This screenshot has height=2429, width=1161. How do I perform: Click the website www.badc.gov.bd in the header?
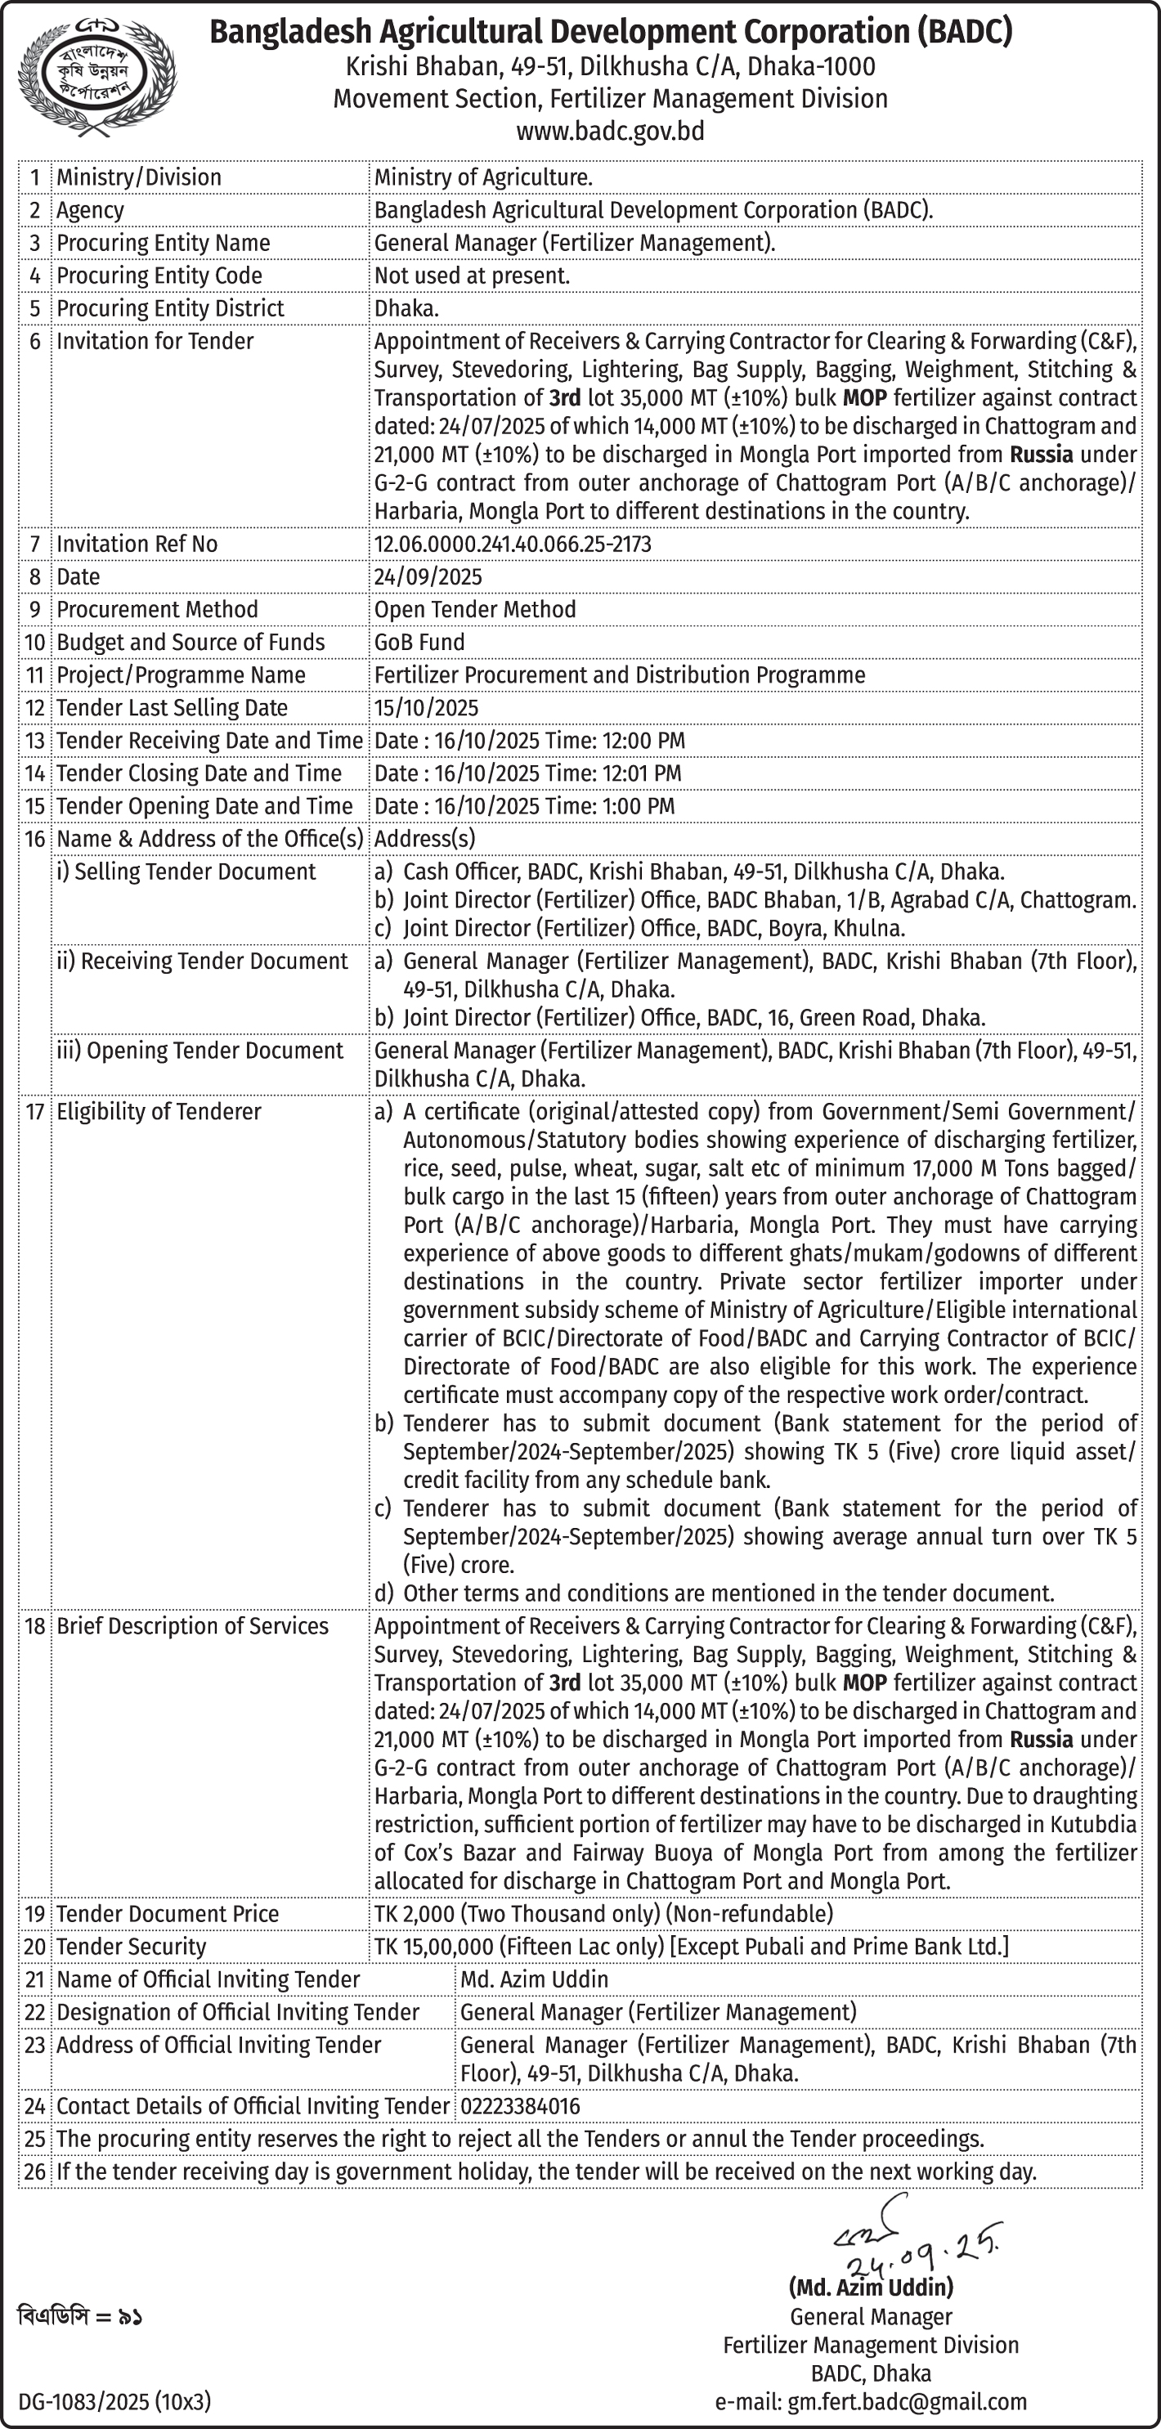tap(609, 132)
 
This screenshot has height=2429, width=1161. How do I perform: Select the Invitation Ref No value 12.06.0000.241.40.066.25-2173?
tap(512, 544)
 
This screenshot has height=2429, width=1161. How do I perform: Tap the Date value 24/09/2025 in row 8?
tap(428, 577)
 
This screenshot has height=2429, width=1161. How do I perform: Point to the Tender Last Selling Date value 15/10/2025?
tap(426, 708)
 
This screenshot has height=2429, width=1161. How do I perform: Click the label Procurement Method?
tap(156, 610)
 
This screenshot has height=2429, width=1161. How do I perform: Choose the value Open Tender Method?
tap(474, 610)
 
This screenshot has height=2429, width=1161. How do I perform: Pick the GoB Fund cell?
tap(419, 642)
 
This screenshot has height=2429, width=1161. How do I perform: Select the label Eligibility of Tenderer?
tap(159, 1112)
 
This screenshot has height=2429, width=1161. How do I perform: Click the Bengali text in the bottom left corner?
tap(80, 2316)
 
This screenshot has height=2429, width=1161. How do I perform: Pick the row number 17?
tap(35, 1112)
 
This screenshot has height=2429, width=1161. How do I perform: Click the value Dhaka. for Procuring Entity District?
tap(406, 308)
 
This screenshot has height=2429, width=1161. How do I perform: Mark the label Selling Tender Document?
tap(186, 872)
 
